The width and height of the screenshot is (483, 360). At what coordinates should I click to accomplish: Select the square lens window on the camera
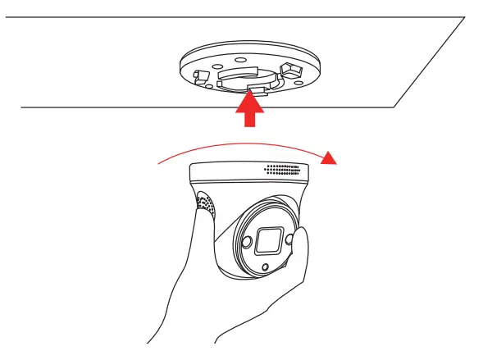click(269, 240)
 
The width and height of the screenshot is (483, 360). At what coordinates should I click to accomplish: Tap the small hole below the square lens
click(264, 268)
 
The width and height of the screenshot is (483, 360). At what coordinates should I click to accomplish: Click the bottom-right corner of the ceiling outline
click(395, 107)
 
